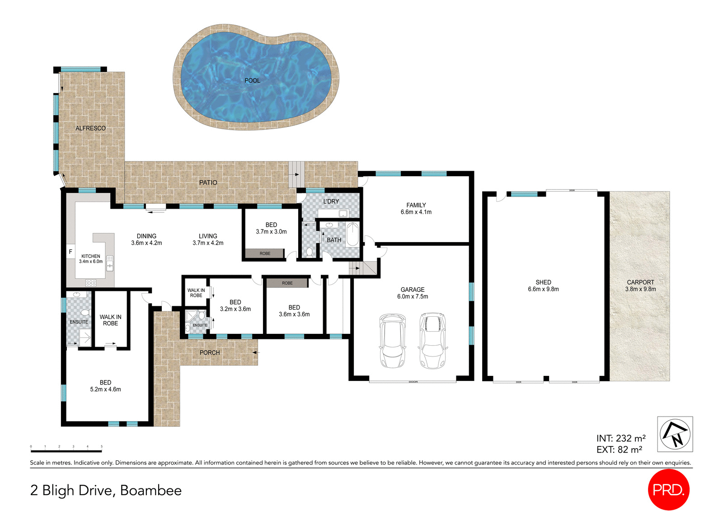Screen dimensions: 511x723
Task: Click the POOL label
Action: [x=252, y=80]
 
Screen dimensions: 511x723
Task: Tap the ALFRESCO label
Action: [x=90, y=128]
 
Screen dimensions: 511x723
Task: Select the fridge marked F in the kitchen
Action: [x=70, y=252]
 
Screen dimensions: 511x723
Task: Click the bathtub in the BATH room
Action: [x=352, y=234]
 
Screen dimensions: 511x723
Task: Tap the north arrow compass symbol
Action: [x=675, y=434]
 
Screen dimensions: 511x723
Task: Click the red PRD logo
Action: [x=668, y=489]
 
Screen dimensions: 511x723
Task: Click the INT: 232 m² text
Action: [x=621, y=438]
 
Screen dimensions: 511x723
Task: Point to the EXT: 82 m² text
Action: [x=619, y=450]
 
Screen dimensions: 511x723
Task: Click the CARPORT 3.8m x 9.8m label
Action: [x=640, y=286]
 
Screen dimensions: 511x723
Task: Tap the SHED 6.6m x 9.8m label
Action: [x=543, y=286]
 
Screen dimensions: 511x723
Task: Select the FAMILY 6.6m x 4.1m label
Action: [x=416, y=208]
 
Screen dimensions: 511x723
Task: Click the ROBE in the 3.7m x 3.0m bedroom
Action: [x=265, y=253]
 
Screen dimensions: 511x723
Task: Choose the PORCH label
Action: [x=210, y=352]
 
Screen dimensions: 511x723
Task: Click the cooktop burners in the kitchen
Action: [x=91, y=283]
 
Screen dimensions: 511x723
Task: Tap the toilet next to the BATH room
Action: [x=310, y=252]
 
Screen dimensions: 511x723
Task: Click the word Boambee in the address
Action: [x=151, y=490]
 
